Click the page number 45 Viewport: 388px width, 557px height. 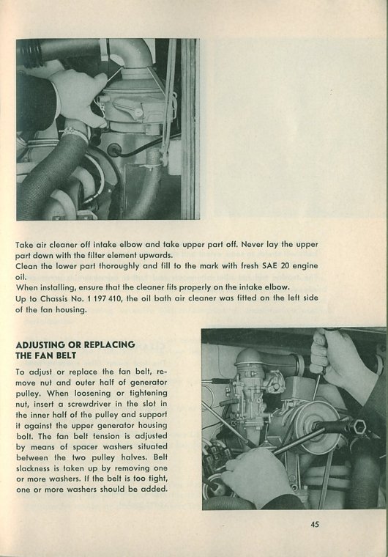(315, 524)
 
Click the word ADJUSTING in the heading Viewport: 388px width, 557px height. (40, 344)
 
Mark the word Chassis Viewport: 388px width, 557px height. (53, 298)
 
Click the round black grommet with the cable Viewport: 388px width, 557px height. (113, 150)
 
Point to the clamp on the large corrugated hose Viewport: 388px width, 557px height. (75, 133)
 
